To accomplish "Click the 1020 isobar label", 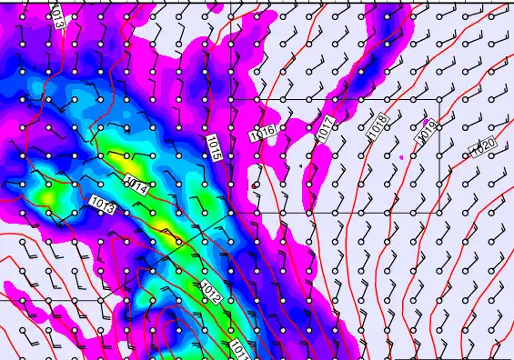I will pyautogui.click(x=482, y=146).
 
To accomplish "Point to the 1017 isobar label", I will pyautogui.click(x=327, y=129).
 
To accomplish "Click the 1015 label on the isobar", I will pyautogui.click(x=214, y=148).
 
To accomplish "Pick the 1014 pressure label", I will pyautogui.click(x=136, y=185).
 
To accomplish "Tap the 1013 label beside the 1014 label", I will pyautogui.click(x=103, y=205).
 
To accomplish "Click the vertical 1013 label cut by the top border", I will pyautogui.click(x=57, y=13).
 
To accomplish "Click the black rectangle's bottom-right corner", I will pyautogui.click(x=439, y=212).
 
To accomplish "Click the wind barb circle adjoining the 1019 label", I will pyautogui.click(x=438, y=128).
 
